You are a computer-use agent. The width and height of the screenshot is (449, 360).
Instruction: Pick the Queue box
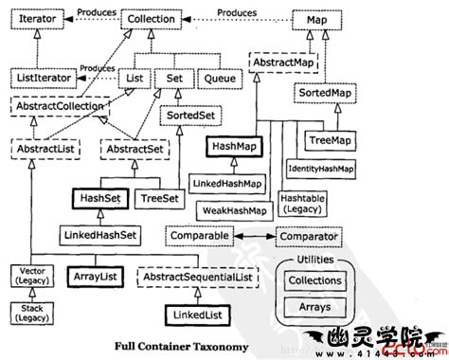[220, 76]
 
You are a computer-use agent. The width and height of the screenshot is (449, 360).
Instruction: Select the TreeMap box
[329, 141]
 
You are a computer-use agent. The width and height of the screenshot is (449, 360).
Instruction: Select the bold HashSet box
[99, 200]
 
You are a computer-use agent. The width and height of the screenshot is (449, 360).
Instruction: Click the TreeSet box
[156, 200]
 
